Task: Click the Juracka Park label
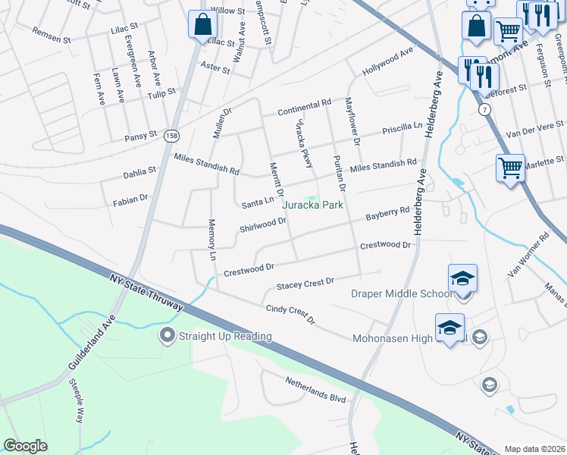tap(313, 205)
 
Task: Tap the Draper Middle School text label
tap(401, 294)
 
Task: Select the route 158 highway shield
tap(173, 136)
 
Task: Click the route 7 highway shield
tap(484, 111)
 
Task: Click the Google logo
tap(25, 446)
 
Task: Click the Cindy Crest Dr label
tap(290, 315)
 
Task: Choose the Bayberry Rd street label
tap(387, 214)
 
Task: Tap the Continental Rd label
tap(304, 107)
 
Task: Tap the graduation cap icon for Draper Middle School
tap(462, 278)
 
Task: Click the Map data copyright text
tap(534, 449)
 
